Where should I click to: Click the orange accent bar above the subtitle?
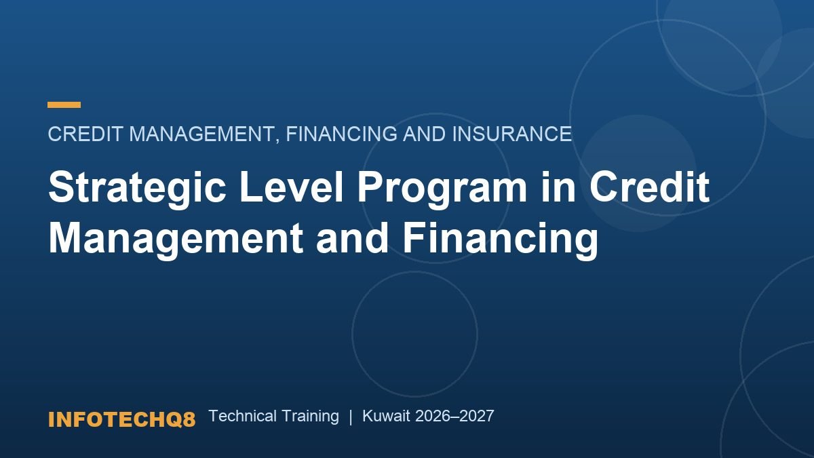(64, 104)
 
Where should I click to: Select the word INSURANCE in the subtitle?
(512, 134)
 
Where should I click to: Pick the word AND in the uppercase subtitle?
(424, 134)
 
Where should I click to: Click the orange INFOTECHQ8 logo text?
(121, 419)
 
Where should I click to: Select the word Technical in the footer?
(243, 416)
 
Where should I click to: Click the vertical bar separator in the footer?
(351, 417)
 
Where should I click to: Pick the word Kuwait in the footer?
(386, 416)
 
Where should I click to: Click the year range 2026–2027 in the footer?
(454, 416)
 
